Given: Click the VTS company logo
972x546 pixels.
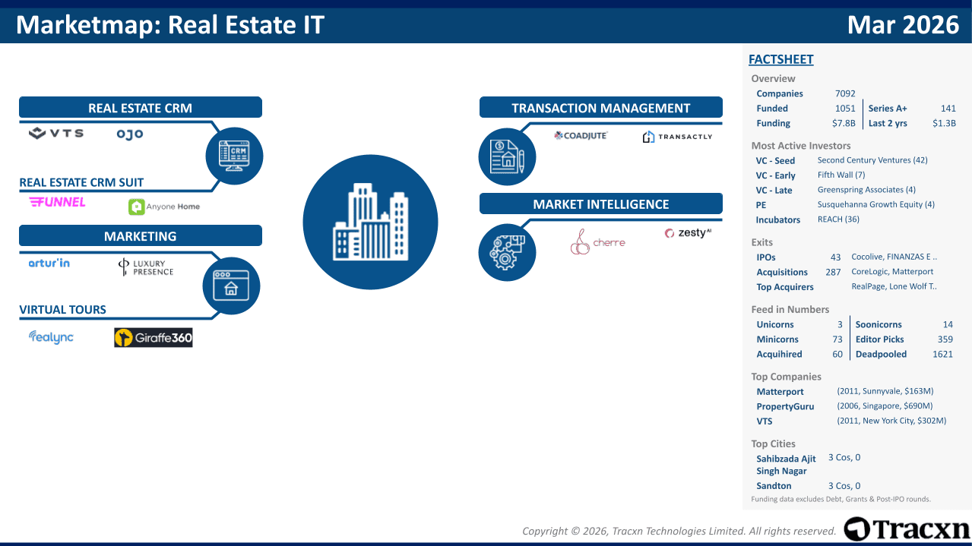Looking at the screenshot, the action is point(56,133).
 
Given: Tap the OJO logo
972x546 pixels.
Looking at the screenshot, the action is point(130,134).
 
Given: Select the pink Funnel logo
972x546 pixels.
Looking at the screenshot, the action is point(57,202).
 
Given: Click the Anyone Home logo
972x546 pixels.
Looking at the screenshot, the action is point(164,207).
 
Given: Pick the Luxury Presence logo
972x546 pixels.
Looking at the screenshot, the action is point(146,267).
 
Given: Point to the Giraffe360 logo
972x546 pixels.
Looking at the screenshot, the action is point(154,337).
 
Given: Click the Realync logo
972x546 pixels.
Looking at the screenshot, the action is point(51,337).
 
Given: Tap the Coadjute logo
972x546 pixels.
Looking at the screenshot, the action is point(581,136).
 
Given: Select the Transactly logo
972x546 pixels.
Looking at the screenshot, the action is point(677,137).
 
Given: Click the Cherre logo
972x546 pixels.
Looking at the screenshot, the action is point(597,242).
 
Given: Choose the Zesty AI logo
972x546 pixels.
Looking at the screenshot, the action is point(688,233).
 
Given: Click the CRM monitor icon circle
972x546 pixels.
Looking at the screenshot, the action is point(234,156).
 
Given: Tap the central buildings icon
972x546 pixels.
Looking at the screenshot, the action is point(370,222).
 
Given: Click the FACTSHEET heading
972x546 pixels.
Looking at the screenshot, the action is point(781,59).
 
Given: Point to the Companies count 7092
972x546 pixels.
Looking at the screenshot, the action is point(845,93).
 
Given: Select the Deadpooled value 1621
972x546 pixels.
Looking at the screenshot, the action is point(942,355).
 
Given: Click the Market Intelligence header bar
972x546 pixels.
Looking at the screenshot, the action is point(601,204).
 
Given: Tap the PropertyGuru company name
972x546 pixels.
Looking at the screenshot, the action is point(785,406).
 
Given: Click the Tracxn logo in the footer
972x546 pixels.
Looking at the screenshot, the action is point(907,529).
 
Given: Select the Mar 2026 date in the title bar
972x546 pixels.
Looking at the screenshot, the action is point(903,25).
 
